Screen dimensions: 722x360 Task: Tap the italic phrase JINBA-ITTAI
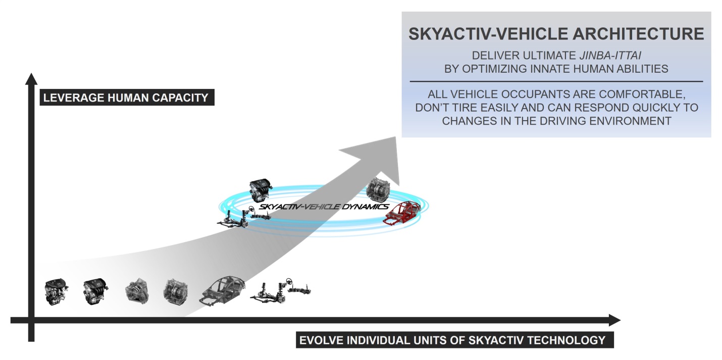point(610,56)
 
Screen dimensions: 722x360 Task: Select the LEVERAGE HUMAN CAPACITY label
point(127,97)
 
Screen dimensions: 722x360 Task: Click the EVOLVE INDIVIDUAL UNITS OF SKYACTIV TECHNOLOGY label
point(454,340)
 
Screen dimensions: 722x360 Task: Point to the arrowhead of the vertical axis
point(31,79)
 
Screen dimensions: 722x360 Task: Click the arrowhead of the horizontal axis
point(614,320)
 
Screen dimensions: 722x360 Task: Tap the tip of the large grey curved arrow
point(395,137)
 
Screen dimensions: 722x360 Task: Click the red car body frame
point(401,213)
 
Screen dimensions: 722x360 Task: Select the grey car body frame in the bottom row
point(222,290)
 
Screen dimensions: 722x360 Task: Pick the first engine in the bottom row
point(56,292)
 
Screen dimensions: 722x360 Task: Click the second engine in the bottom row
point(95,291)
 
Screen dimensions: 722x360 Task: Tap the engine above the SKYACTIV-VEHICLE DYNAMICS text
point(261,190)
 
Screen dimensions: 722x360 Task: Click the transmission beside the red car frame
point(378,189)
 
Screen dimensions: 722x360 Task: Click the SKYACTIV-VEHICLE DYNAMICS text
point(324,207)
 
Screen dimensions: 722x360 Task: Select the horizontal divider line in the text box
point(556,81)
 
